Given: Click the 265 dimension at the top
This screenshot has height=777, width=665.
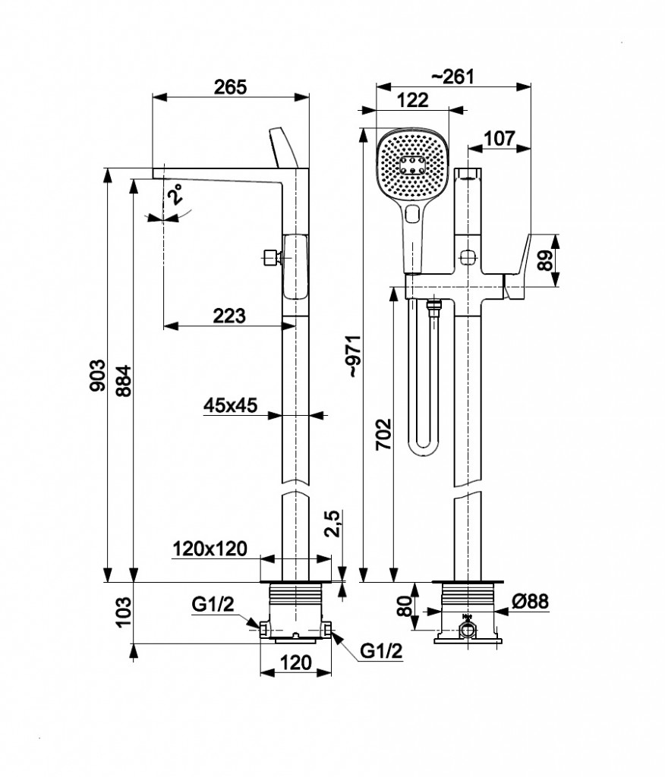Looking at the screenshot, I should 230,87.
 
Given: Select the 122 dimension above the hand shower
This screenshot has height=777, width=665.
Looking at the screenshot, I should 412,100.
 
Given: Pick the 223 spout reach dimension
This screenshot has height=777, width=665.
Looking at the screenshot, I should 229,316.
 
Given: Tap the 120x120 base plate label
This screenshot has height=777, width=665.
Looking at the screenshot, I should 210,549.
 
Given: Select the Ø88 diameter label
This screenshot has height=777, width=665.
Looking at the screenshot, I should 531,602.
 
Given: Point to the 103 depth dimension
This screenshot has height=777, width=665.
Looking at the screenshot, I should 124,613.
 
